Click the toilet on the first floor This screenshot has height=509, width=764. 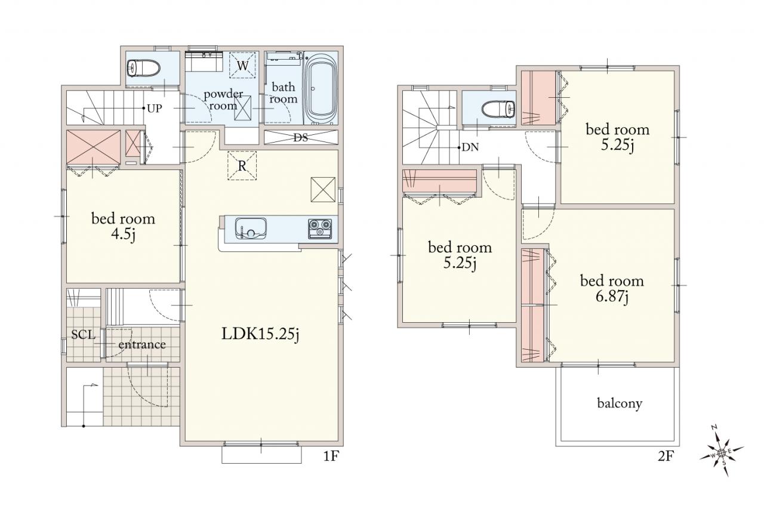point(143,69)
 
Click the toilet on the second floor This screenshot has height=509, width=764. point(498,109)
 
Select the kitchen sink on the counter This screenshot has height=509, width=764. point(251,228)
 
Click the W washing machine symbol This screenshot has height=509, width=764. point(242,65)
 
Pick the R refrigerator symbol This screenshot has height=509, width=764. point(242,166)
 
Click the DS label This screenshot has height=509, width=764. point(300,138)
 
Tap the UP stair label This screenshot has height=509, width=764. point(155,109)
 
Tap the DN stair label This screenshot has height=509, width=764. point(470,147)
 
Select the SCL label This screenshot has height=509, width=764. point(83,335)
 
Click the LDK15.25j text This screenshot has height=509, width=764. point(260,334)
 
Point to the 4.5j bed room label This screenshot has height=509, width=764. point(123,226)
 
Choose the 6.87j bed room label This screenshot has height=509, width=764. point(612,289)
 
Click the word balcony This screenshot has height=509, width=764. point(620,403)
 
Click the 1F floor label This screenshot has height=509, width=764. point(331,456)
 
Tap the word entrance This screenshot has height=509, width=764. point(142,345)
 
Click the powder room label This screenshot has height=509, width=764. point(223,100)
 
